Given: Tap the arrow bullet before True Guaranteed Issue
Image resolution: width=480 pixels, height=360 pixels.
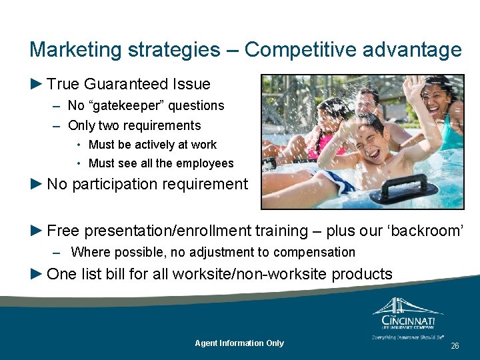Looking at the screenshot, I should pyautogui.click(x=36, y=84).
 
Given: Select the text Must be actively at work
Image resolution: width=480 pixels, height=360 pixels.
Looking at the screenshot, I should pyautogui.click(x=153, y=145).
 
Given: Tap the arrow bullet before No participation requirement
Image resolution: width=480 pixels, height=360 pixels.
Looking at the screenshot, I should pyautogui.click(x=36, y=184).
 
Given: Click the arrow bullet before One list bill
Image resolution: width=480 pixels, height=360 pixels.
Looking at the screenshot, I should pyautogui.click(x=36, y=273).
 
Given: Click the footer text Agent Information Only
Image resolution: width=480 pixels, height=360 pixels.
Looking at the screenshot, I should pyautogui.click(x=239, y=343).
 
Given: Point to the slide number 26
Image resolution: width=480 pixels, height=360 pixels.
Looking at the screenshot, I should pyautogui.click(x=455, y=346).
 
